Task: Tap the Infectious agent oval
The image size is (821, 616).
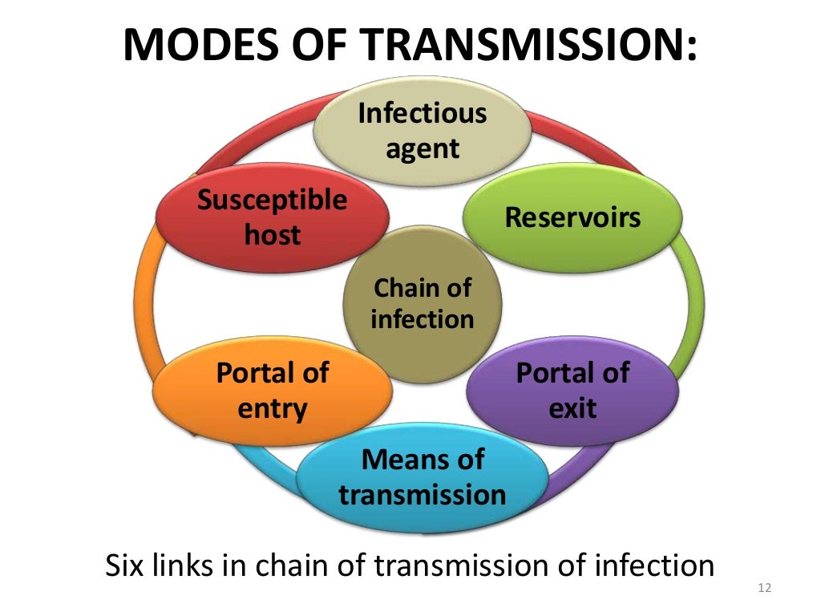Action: [x=423, y=130]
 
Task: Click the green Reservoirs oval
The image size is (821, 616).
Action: [x=572, y=217]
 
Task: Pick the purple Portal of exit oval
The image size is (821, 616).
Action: [x=572, y=391]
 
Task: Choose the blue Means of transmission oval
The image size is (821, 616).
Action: [x=423, y=476]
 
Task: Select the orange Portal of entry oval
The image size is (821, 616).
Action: [x=273, y=391]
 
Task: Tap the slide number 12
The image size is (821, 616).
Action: [x=763, y=590]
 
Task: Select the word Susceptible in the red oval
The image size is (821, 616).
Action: [x=273, y=200]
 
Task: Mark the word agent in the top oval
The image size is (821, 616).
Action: [x=423, y=148]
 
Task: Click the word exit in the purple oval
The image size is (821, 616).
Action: [x=572, y=409]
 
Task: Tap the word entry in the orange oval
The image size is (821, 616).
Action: [x=273, y=409]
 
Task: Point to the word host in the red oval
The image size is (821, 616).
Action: [x=273, y=235]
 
